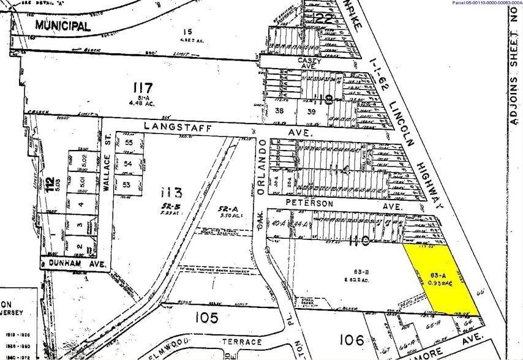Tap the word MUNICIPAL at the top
(62, 25)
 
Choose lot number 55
(129, 143)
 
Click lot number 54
(129, 164)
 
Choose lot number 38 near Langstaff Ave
(280, 111)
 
